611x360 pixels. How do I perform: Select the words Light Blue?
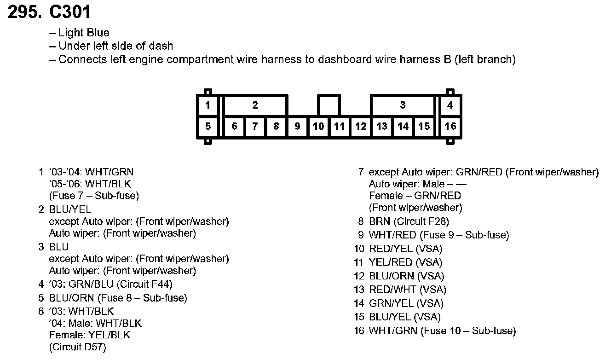[x=84, y=33]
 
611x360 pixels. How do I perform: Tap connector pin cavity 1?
[x=208, y=105]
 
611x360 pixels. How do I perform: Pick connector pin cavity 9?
[x=297, y=126]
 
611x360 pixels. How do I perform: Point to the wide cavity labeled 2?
[x=255, y=105]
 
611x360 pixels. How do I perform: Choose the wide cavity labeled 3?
[x=403, y=105]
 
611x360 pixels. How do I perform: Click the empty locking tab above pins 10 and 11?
[x=329, y=105]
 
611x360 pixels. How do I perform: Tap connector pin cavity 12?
[x=361, y=126]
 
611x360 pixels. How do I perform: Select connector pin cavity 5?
[x=208, y=126]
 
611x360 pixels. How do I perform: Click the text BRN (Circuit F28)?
[x=409, y=221]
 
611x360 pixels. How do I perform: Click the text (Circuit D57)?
[x=77, y=348]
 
